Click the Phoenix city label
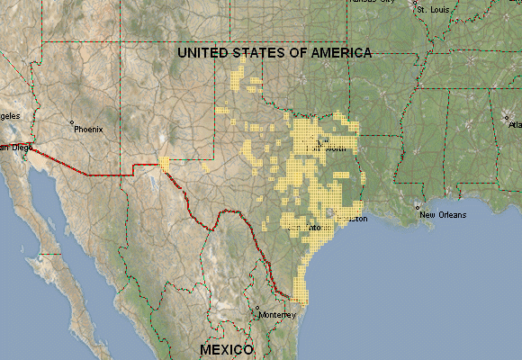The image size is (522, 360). tap(89, 129)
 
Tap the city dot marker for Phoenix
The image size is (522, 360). tap(71, 122)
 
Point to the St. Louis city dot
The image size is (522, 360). tap(416, 4)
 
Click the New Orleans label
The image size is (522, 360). tap(440, 214)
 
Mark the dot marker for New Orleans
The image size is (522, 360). tap(417, 208)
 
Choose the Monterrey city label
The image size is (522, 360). tap(276, 316)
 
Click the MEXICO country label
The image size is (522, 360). tap(227, 348)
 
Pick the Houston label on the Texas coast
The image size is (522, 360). tap(351, 219)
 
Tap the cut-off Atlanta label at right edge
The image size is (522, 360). tap(515, 125)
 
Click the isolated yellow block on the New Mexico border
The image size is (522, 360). tap(164, 162)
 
